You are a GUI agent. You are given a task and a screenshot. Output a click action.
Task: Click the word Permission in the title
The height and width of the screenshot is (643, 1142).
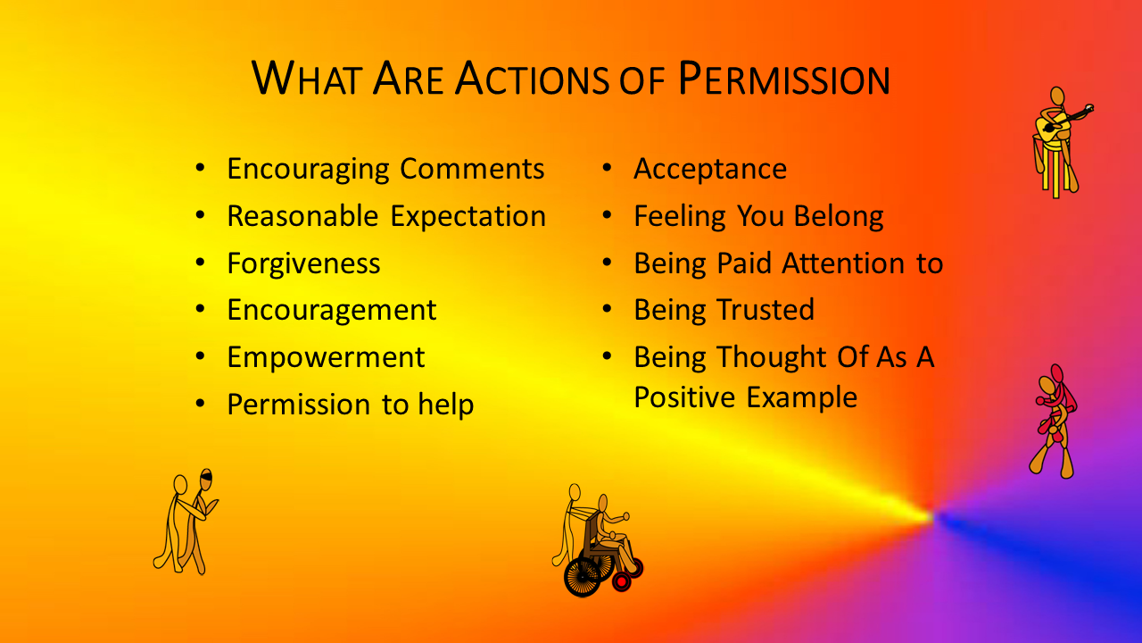[784, 79]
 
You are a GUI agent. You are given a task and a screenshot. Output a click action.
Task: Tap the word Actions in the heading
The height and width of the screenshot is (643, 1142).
[532, 79]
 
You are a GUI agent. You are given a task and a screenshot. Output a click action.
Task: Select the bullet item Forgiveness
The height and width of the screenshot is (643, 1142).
[303, 263]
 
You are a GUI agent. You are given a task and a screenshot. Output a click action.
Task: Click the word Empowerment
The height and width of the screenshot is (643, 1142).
[326, 357]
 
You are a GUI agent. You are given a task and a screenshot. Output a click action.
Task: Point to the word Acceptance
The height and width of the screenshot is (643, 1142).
[710, 169]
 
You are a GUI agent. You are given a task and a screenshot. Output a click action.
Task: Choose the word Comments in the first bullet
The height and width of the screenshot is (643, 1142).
[472, 169]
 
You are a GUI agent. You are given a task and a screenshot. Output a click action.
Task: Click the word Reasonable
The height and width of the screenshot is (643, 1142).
[302, 216]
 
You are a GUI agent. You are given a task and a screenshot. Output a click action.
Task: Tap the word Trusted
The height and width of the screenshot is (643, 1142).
[765, 309]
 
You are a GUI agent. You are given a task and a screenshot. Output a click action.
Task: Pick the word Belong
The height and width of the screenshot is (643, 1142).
[839, 216]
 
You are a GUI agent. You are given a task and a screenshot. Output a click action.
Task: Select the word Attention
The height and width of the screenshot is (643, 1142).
[843, 263]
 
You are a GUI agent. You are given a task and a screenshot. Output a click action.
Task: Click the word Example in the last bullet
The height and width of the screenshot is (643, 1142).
[802, 397]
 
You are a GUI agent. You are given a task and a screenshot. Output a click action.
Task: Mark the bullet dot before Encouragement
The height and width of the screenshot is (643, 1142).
[200, 310]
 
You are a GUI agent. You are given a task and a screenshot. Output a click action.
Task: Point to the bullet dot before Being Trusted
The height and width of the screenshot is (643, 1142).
[607, 310]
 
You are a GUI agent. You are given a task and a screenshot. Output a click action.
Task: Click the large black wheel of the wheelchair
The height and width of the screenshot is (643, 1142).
[582, 577]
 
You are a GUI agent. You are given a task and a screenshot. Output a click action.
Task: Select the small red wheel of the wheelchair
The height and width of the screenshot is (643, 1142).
[622, 581]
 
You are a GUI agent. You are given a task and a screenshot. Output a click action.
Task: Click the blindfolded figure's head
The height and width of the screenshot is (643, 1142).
[205, 480]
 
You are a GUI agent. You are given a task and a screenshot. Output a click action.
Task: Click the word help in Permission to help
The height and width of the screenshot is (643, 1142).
[446, 405]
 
